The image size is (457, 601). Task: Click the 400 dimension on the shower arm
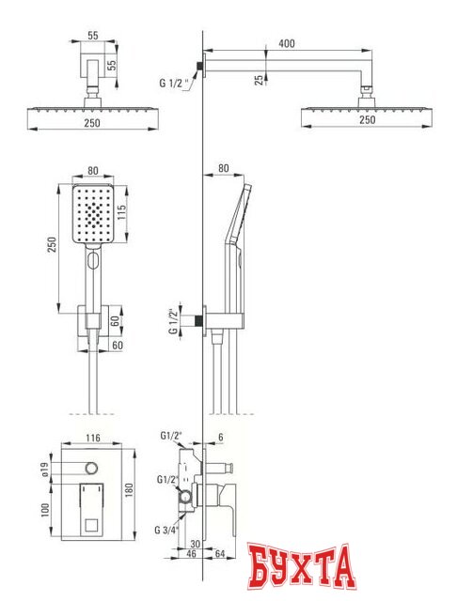287,43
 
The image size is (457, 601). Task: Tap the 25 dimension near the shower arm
260,80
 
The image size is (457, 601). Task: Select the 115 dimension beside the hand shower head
121,212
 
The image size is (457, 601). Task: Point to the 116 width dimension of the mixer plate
93,438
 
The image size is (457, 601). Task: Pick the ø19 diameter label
45,470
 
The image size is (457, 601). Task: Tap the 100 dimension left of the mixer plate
45,510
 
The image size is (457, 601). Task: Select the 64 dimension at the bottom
219,553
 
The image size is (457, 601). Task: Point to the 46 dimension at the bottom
191,553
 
